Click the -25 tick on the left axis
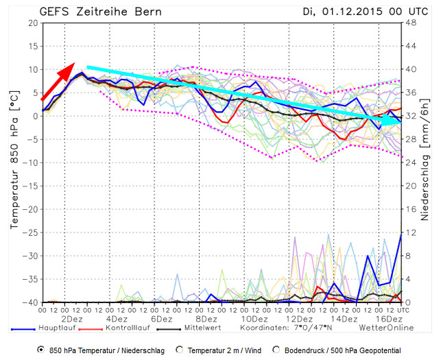pyautogui.click(x=30, y=232)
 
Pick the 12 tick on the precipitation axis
pyautogui.click(x=412, y=232)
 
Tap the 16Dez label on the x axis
pyautogui.click(x=388, y=320)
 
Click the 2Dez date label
pyautogui.click(x=72, y=320)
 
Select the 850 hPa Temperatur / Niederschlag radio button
pyautogui.click(x=41, y=350)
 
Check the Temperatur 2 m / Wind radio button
pyautogui.click(x=180, y=350)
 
